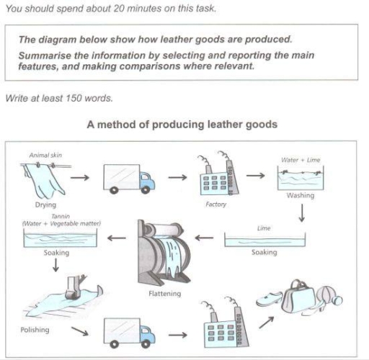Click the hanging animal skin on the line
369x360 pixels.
(43, 179)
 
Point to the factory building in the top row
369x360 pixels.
(215, 176)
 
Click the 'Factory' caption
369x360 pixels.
(215, 204)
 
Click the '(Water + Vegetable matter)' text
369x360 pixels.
(61, 225)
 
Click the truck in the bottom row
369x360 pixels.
(128, 333)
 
